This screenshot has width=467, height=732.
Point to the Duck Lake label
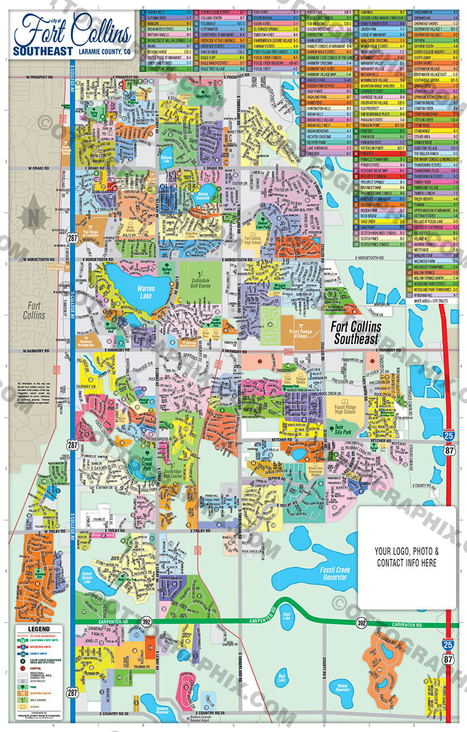(287, 615)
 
